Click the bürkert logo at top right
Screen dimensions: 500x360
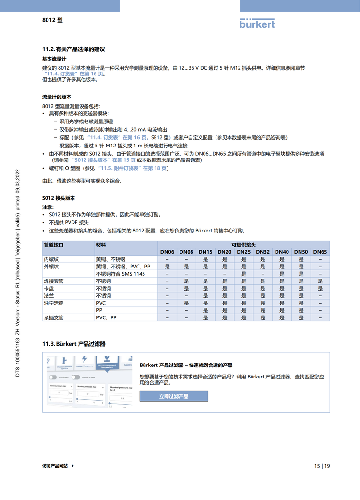point(257,23)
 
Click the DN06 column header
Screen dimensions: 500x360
point(167,252)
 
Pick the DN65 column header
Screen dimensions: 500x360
point(320,252)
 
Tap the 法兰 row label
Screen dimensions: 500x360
point(49,296)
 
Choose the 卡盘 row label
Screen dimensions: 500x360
point(49,289)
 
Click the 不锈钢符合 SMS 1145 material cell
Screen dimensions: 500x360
point(120,274)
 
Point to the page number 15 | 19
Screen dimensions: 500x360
point(322,466)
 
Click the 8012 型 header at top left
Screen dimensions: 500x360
point(52,20)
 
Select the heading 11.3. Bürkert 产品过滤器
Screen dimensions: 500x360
point(74,344)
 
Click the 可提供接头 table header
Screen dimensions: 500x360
point(243,244)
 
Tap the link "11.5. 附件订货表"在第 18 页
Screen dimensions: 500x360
point(133,168)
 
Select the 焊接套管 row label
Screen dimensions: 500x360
point(53,281)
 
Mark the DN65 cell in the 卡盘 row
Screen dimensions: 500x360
point(320,289)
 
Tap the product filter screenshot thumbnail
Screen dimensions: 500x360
point(89,382)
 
